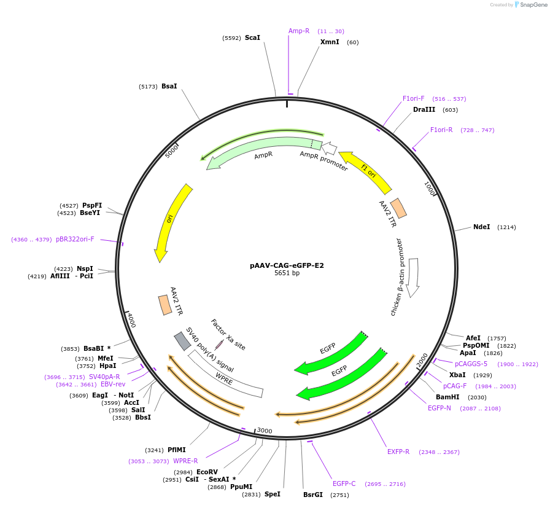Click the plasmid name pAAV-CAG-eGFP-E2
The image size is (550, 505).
(x=287, y=266)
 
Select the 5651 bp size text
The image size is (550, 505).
(x=287, y=273)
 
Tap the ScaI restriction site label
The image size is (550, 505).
(x=252, y=38)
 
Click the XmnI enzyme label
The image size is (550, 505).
(x=330, y=42)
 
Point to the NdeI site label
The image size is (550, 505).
(x=481, y=227)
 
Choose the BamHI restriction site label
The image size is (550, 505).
(x=447, y=397)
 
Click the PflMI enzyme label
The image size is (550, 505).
(x=176, y=450)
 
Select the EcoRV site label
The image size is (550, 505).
(x=207, y=472)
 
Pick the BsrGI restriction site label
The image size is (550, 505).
(x=312, y=495)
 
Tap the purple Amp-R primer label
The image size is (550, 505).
(x=299, y=31)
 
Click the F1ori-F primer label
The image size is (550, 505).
(x=413, y=98)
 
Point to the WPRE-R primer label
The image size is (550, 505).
(x=185, y=461)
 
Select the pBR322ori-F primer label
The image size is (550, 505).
(x=75, y=240)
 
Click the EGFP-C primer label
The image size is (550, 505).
(x=344, y=484)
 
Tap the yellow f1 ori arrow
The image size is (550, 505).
(x=366, y=171)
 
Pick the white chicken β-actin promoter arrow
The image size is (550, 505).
(x=414, y=276)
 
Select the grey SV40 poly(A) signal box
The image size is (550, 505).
(x=182, y=340)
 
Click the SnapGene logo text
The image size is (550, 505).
(x=530, y=5)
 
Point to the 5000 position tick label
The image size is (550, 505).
(x=172, y=151)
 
